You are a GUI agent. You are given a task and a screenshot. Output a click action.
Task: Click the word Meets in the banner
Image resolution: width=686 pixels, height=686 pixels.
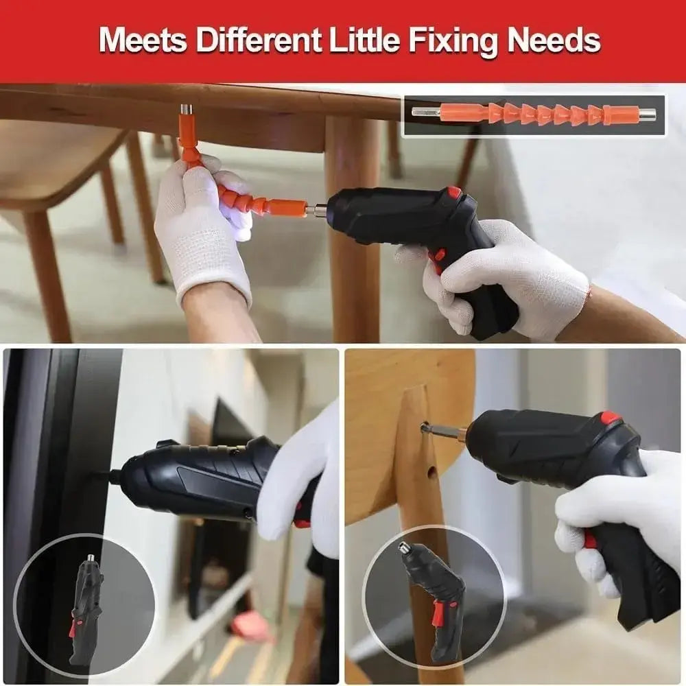click(143, 41)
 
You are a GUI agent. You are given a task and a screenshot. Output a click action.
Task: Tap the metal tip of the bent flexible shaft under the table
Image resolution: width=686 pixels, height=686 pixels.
click(186, 110)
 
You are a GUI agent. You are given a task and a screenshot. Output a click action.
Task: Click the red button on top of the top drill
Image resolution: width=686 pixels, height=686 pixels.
click(454, 193)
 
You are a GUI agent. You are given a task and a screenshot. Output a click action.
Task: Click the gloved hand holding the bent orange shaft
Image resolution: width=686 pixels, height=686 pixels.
click(202, 226)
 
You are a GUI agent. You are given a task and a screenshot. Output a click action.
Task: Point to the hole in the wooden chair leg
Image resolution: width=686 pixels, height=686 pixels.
click(431, 473)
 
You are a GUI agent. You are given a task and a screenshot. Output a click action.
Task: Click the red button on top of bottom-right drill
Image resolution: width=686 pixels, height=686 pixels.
click(610, 417)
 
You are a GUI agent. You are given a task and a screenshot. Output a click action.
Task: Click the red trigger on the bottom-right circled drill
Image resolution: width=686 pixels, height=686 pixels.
click(435, 615)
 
